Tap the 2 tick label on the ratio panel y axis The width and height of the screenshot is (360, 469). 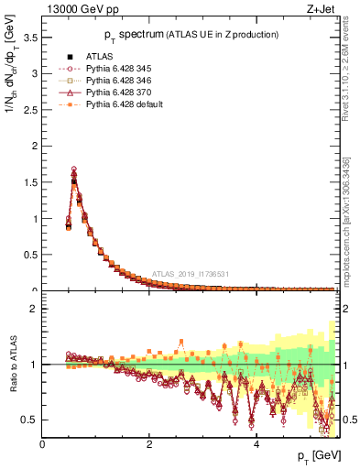coord(34,309)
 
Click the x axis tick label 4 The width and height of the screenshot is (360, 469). coord(256,445)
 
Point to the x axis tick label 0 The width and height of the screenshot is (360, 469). coord(42,445)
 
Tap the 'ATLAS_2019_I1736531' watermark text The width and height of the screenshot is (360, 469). coord(191,273)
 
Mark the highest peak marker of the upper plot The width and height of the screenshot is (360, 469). coord(73,169)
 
